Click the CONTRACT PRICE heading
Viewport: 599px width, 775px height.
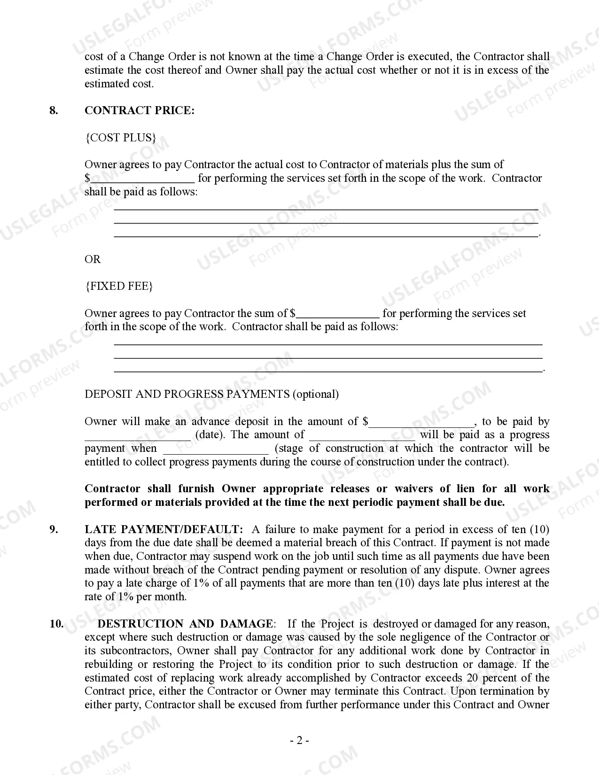coord(139,110)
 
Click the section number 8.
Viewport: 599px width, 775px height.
coord(54,110)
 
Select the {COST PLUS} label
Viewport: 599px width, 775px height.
coord(120,138)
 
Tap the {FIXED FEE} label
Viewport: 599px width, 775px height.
coord(119,286)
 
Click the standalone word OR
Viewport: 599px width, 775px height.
coord(93,259)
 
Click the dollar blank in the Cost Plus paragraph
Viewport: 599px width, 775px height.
coord(142,179)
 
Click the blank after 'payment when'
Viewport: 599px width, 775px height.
coord(216,449)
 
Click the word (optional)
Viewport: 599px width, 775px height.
coord(316,394)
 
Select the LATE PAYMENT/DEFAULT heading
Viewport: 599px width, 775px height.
coord(164,529)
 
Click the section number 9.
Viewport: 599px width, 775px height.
coord(54,529)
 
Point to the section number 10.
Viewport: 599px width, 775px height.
coord(56,624)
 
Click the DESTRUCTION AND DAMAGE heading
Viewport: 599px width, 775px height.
coord(185,624)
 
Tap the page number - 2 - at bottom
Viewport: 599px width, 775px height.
coord(299,741)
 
